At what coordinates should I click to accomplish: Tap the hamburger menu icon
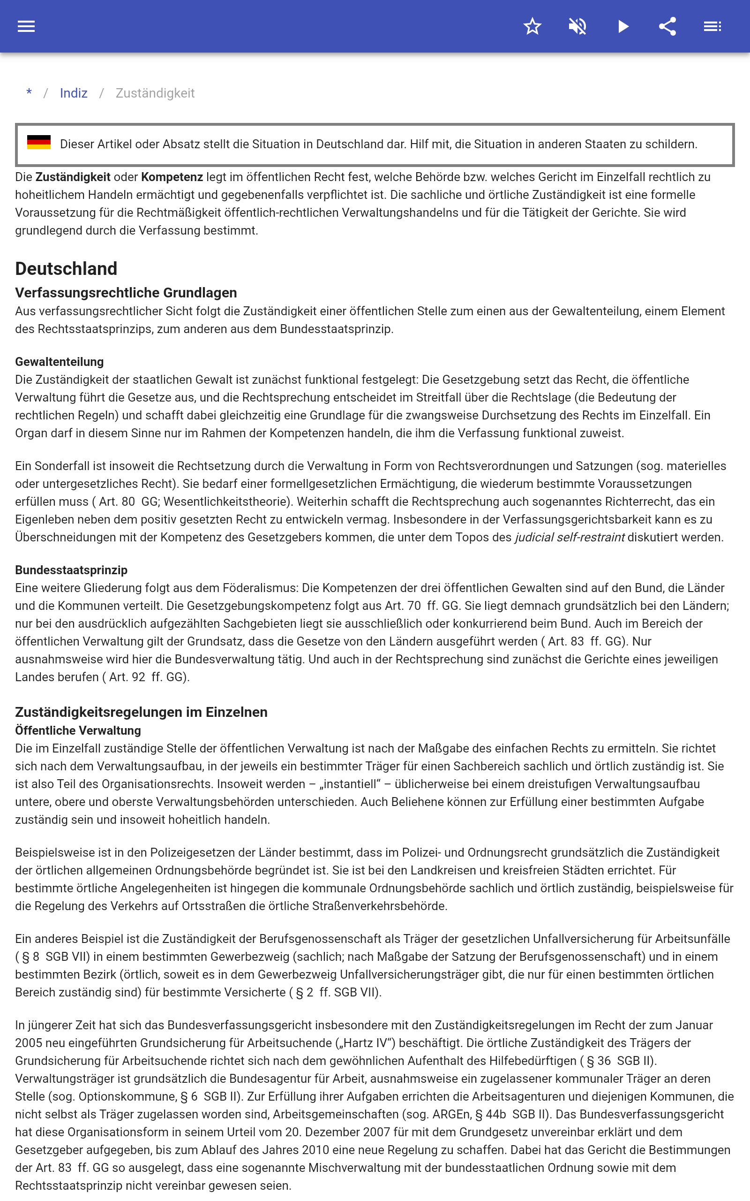[x=26, y=26]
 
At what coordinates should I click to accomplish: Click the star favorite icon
[x=532, y=26]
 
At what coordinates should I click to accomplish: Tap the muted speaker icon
[x=577, y=26]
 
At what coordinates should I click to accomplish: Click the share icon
[x=667, y=26]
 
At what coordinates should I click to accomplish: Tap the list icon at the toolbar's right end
[x=712, y=26]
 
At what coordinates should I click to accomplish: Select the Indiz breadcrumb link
[x=74, y=93]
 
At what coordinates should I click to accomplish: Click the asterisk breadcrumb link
[x=29, y=93]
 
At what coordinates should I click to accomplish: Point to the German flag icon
[x=39, y=143]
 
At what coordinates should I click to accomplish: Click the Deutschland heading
[x=66, y=268]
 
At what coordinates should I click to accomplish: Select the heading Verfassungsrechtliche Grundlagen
[x=126, y=293]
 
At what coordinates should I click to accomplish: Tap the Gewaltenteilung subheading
[x=60, y=362]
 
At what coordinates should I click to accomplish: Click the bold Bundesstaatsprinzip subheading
[x=71, y=570]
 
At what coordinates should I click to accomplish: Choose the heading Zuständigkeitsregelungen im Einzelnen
[x=142, y=712]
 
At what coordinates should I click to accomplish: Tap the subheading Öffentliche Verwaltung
[x=78, y=730]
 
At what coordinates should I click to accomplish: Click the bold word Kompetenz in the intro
[x=172, y=177]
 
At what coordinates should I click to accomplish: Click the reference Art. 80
[x=117, y=502]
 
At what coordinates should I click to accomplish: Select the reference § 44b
[x=491, y=1114]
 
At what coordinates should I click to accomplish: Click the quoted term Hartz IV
[x=365, y=1043]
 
